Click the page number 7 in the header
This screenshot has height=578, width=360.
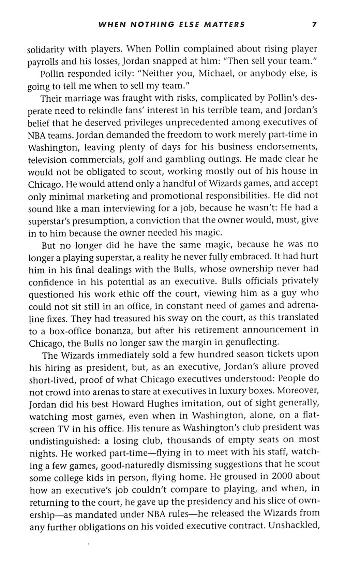[x=314, y=25]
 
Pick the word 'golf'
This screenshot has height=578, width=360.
[x=141, y=160]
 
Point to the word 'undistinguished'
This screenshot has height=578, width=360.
[x=64, y=442]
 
